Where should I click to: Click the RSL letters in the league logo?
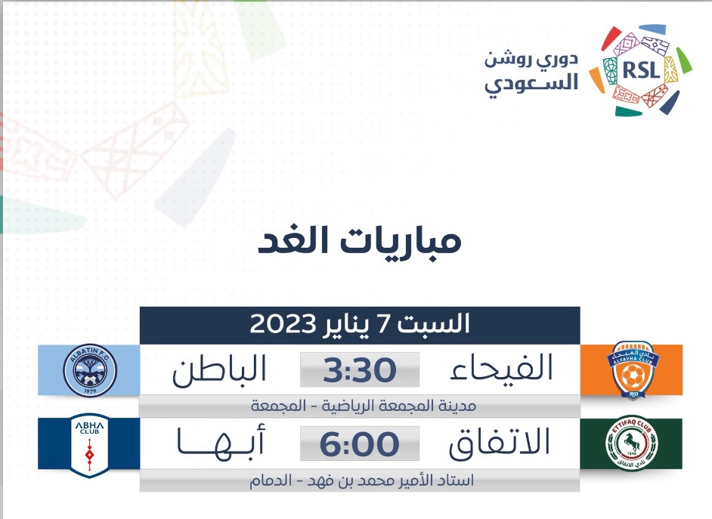coord(641,70)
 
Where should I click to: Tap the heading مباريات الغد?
coord(360,240)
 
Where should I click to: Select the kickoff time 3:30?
coord(360,370)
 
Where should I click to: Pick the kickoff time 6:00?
coord(360,444)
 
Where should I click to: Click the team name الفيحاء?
coord(501,367)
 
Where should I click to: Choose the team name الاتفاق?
coord(500,441)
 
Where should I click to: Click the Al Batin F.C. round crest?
coord(90,371)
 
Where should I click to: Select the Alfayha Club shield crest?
coord(633,370)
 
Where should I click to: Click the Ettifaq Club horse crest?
coord(632,443)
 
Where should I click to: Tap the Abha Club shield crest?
coord(89,445)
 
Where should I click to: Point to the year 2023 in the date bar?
coord(283,324)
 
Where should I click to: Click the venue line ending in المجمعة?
coord(364,406)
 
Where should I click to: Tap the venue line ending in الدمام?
coord(361,480)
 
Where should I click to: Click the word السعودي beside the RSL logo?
coord(531,84)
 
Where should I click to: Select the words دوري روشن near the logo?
coord(531,60)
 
